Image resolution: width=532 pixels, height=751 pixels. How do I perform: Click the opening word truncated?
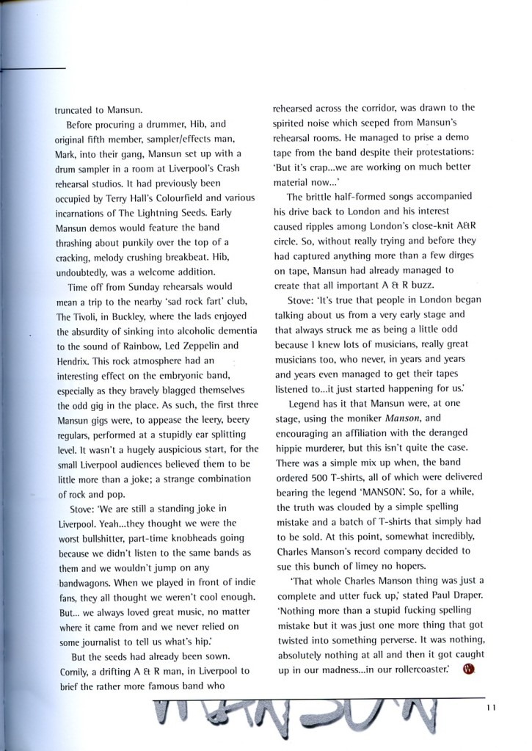[76, 112]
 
